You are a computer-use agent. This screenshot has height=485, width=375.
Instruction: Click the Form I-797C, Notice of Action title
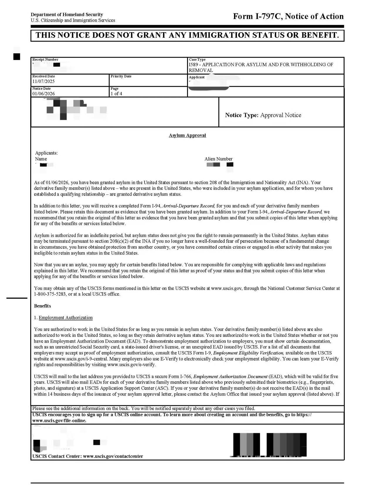[x=288, y=16]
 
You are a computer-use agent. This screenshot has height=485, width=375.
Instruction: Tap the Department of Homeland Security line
[x=67, y=14]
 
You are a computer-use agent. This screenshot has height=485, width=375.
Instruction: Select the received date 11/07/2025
[x=43, y=81]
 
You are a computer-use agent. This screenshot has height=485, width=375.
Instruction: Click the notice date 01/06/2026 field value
[x=43, y=94]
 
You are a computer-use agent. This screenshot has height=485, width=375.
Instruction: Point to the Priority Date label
[x=121, y=76]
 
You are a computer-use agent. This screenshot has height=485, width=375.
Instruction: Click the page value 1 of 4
[x=116, y=94]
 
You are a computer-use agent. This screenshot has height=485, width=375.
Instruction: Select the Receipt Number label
[x=45, y=59]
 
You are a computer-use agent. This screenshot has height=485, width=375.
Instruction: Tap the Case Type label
[x=197, y=59]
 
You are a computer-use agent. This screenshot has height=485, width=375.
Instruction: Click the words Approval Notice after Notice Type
[x=281, y=115]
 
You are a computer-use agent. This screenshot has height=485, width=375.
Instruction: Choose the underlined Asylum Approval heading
[x=187, y=135]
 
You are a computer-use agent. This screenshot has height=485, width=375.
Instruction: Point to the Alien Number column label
[x=218, y=159]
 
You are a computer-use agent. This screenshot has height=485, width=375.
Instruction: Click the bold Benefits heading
[x=43, y=306]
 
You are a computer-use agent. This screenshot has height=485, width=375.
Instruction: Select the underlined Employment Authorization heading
[x=66, y=317]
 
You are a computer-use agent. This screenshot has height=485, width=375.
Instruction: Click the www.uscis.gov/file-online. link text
[x=60, y=421]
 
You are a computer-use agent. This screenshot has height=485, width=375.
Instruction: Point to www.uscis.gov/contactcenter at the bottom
[x=113, y=456]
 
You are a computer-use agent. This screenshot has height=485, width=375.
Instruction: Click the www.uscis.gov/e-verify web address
[x=132, y=365]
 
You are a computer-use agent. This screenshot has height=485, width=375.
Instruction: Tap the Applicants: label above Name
[x=46, y=153]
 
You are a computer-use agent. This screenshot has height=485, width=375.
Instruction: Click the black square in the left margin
[x=17, y=56]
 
